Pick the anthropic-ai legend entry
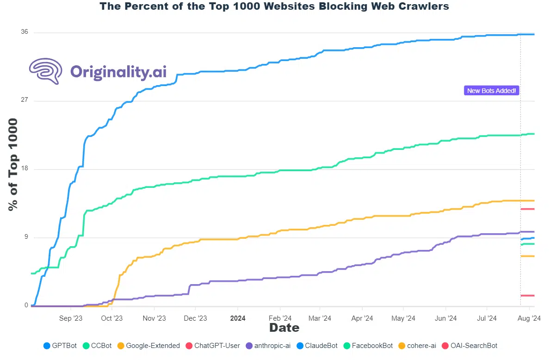(268, 346)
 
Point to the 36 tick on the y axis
(24, 32)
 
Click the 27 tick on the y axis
(24, 100)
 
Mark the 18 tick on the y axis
(24, 169)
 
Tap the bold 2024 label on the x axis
(238, 318)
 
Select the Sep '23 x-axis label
(71, 318)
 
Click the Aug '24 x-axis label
(529, 318)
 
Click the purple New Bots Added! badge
(491, 91)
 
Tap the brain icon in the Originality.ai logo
(46, 71)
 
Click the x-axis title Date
(284, 328)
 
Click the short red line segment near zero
(528, 295)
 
